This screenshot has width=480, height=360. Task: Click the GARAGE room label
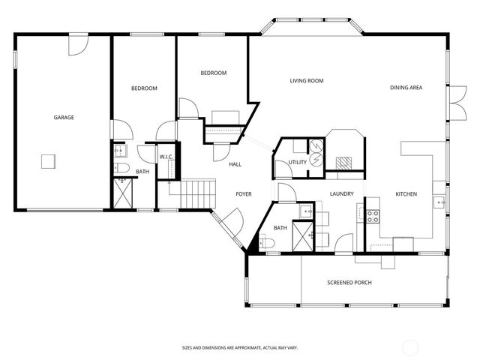tap(63, 117)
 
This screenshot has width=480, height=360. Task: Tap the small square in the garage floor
tap(48, 160)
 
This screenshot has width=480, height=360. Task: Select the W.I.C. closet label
tap(166, 157)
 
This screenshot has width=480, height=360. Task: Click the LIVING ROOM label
tap(306, 80)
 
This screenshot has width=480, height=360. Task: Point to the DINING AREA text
tap(406, 88)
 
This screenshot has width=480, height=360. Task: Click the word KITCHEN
tap(406, 194)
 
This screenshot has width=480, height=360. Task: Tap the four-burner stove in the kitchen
tap(372, 216)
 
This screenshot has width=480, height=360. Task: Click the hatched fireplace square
tap(343, 161)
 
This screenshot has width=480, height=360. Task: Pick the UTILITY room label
tap(297, 161)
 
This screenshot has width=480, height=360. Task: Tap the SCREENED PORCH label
tap(349, 283)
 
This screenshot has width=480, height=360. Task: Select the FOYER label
tap(244, 194)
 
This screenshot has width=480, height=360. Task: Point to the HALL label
tap(235, 163)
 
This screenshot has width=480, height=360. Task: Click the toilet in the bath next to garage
tap(124, 166)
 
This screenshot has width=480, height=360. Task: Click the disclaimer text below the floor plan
tap(240, 347)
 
